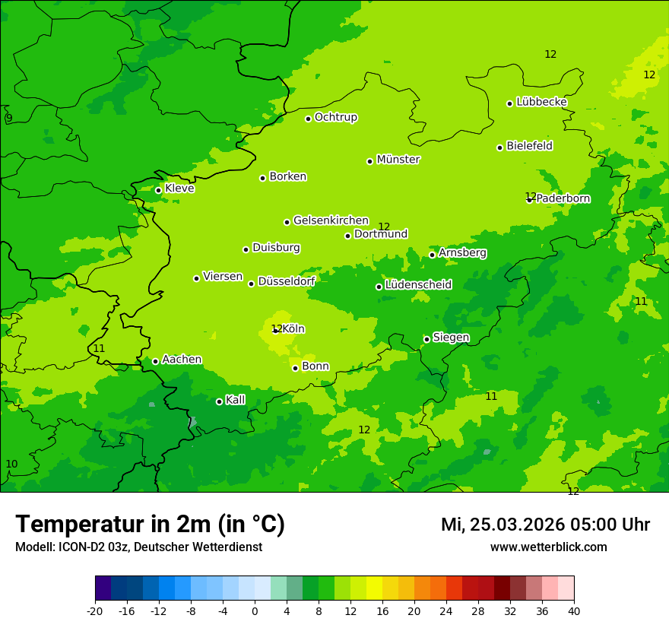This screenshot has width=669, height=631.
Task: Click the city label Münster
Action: pyautogui.click(x=398, y=160)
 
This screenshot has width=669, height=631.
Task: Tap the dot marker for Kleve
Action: pyautogui.click(x=158, y=190)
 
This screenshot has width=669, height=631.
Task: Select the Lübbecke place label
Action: pyautogui.click(x=541, y=102)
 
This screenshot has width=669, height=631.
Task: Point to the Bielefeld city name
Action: pyautogui.click(x=529, y=146)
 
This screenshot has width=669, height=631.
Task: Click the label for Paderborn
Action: pyautogui.click(x=563, y=198)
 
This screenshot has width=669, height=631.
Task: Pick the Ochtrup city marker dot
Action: pyautogui.click(x=308, y=119)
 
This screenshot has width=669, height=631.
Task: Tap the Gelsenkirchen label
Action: pyautogui.click(x=331, y=220)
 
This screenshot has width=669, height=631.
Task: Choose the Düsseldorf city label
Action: pyautogui.click(x=287, y=281)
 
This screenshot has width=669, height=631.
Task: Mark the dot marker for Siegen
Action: pyautogui.click(x=426, y=339)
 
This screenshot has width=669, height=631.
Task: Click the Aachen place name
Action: pyautogui.click(x=182, y=360)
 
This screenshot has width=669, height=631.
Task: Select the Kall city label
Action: pyautogui.click(x=236, y=400)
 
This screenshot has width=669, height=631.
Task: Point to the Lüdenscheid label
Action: pyautogui.click(x=418, y=285)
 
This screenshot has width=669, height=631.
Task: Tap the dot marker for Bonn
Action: pyautogui.click(x=295, y=368)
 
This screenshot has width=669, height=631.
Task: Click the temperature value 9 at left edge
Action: pyautogui.click(x=9, y=118)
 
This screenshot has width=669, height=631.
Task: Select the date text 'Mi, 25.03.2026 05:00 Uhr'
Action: pyautogui.click(x=545, y=525)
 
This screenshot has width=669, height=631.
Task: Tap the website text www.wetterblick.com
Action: pyautogui.click(x=548, y=547)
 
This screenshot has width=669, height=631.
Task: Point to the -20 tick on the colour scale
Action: pyautogui.click(x=95, y=611)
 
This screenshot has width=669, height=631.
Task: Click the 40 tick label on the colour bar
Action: pyautogui.click(x=574, y=611)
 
